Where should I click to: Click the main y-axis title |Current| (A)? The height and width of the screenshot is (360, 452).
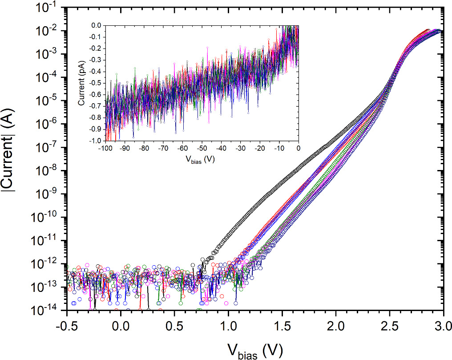point(8,147)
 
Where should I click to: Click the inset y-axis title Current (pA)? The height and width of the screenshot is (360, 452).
point(81,83)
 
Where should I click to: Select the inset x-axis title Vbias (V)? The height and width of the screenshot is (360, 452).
point(200,159)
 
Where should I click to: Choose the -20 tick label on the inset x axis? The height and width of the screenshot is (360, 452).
point(259,148)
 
